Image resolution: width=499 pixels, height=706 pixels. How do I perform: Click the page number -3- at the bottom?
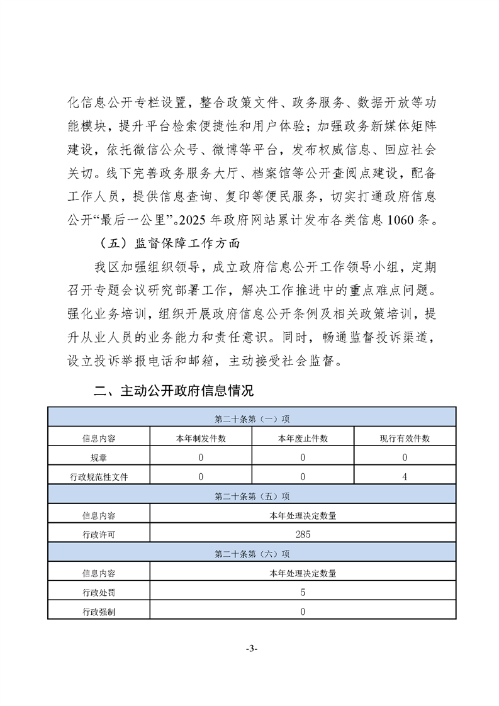coord(250,649)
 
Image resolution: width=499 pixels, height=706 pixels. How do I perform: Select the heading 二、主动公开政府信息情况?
coord(173,391)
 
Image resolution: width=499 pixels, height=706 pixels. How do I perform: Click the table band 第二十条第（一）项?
coord(252,418)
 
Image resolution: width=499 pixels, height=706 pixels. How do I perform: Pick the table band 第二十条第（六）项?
coord(252,554)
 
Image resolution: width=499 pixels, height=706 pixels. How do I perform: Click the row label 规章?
coord(99,457)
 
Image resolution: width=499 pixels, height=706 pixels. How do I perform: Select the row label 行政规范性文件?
coord(99,477)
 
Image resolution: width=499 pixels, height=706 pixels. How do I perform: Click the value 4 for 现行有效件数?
coord(405,477)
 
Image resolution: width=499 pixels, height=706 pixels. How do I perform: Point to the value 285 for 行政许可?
coord(303,535)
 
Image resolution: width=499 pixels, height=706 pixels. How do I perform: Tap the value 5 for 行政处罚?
coord(303,592)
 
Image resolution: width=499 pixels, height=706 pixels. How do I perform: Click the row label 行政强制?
coord(99,612)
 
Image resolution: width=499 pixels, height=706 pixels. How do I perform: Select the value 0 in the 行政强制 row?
coord(303,612)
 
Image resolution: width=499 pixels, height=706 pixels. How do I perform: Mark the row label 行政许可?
coord(99,535)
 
